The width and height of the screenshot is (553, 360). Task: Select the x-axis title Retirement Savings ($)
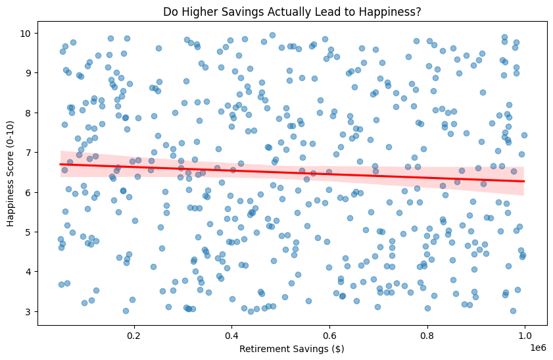293,348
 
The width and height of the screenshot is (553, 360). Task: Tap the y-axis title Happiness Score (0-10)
11,172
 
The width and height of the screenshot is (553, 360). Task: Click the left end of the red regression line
60,164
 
